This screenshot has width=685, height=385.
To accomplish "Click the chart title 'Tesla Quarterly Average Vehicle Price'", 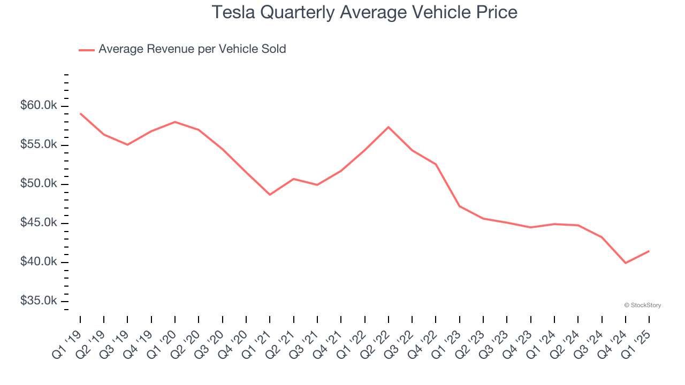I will click(x=364, y=12).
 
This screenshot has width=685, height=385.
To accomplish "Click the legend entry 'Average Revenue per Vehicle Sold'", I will click(x=192, y=49).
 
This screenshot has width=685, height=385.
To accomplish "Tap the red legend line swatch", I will click(x=87, y=50).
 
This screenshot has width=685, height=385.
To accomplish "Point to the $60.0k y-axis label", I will click(x=39, y=106).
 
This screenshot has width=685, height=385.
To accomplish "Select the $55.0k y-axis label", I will click(x=39, y=145).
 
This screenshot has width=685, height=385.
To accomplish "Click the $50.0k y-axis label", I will click(x=39, y=184).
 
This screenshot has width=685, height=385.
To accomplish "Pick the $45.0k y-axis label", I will click(x=39, y=223).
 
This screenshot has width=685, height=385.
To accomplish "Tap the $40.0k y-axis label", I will click(x=39, y=262).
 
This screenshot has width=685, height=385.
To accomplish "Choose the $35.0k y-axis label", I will click(x=39, y=301).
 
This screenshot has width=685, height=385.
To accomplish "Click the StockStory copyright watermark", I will click(x=642, y=305).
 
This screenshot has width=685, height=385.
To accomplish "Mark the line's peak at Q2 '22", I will click(x=389, y=127).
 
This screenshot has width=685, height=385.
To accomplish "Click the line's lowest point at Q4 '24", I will click(x=626, y=263).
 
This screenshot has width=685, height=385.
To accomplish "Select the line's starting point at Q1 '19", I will click(x=80, y=113).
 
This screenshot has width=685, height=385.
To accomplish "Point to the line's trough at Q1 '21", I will click(x=270, y=195).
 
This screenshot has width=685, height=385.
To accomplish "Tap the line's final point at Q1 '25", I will click(x=649, y=251).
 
